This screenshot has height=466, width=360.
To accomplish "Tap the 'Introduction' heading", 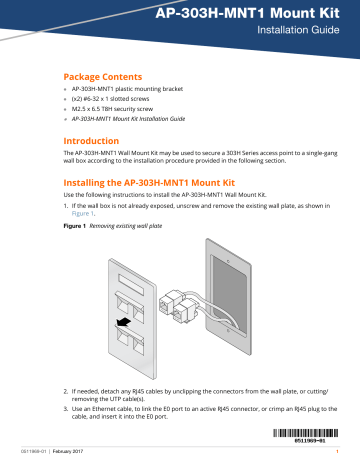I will (x=95, y=142).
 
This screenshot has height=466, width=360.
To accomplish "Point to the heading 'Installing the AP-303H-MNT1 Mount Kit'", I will (x=161, y=187).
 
